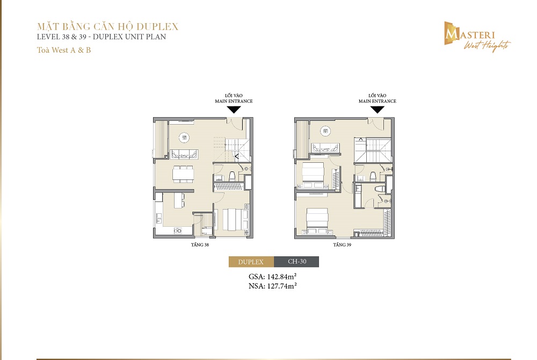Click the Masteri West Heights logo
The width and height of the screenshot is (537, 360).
point(477,37)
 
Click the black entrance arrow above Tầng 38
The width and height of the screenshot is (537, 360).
point(234,109)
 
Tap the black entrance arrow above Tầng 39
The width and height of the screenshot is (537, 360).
point(378,109)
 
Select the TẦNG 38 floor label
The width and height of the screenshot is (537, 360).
point(200,244)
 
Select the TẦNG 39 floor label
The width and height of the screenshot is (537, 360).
point(342,244)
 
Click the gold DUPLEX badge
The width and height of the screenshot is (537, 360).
point(251,262)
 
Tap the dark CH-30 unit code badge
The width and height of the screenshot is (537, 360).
point(296,262)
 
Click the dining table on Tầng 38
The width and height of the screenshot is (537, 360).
point(183,174)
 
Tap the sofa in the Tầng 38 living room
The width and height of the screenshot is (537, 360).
point(185,154)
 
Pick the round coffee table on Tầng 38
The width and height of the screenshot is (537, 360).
point(184,138)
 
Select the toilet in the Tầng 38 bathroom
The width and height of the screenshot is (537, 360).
point(232,176)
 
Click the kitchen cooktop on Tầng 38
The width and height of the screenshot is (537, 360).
point(178,231)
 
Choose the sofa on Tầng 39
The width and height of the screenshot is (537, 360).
point(325,148)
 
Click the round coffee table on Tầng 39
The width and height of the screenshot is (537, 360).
point(325,131)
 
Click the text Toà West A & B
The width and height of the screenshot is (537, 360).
point(64,50)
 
